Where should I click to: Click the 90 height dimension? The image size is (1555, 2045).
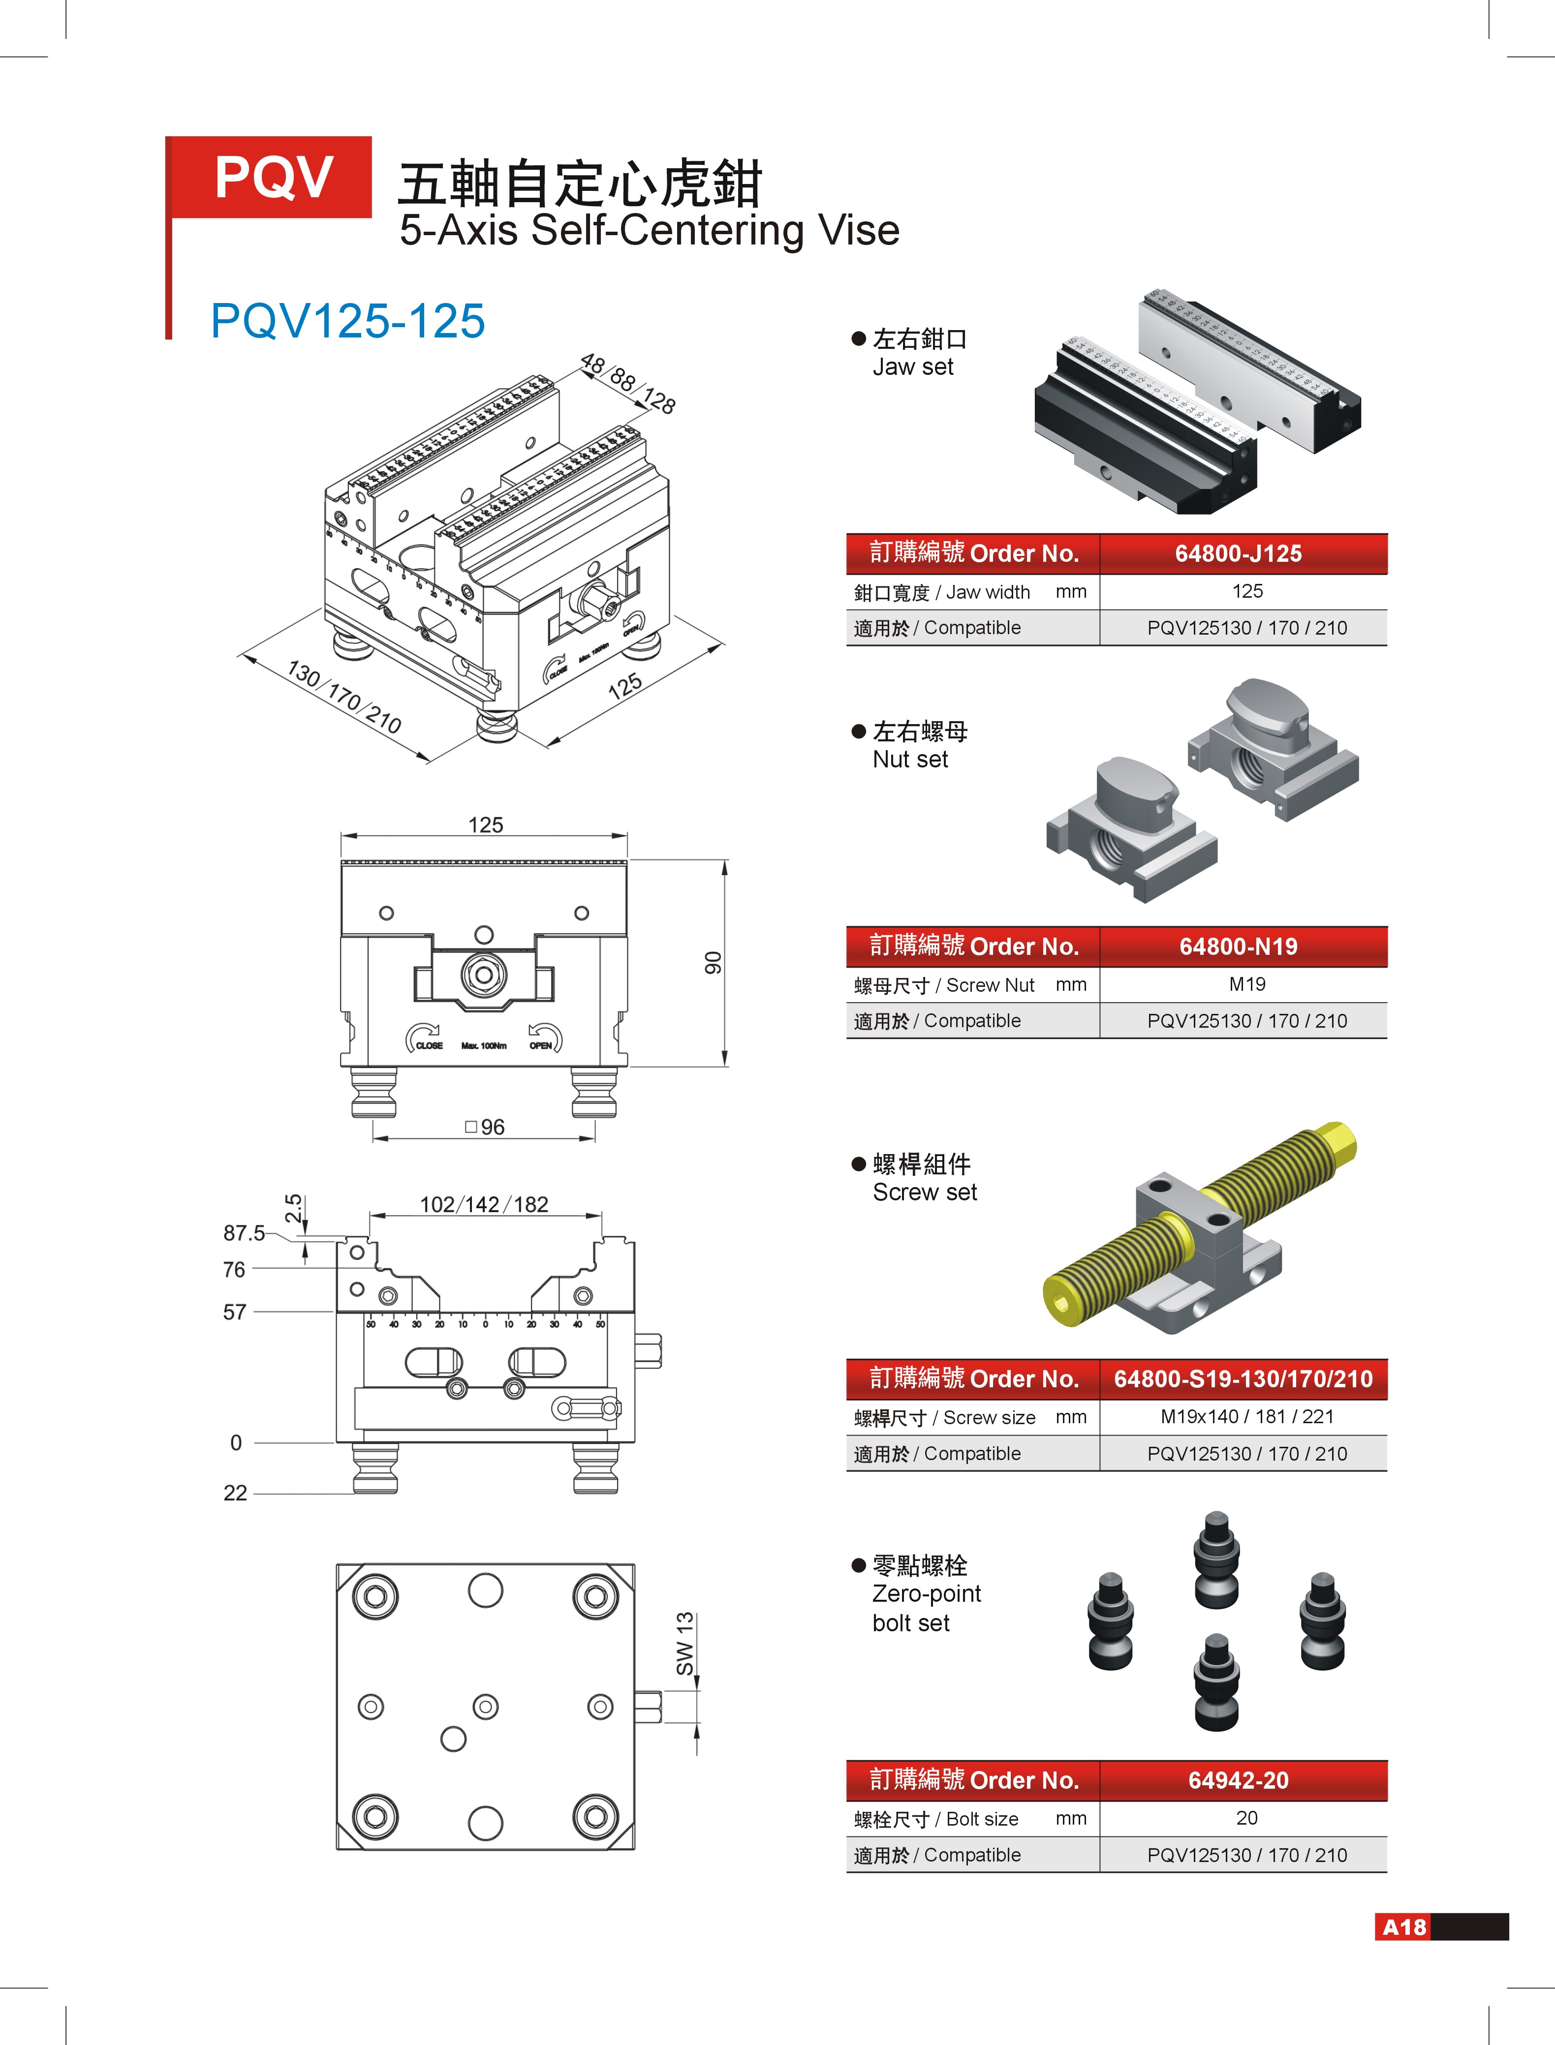[712, 962]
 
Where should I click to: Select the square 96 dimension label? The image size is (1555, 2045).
[485, 1127]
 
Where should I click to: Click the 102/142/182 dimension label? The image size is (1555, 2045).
[484, 1204]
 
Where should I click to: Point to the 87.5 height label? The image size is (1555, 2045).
[244, 1232]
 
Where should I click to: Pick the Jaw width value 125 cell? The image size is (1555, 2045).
[1247, 591]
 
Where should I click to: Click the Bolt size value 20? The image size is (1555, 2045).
[1247, 1818]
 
